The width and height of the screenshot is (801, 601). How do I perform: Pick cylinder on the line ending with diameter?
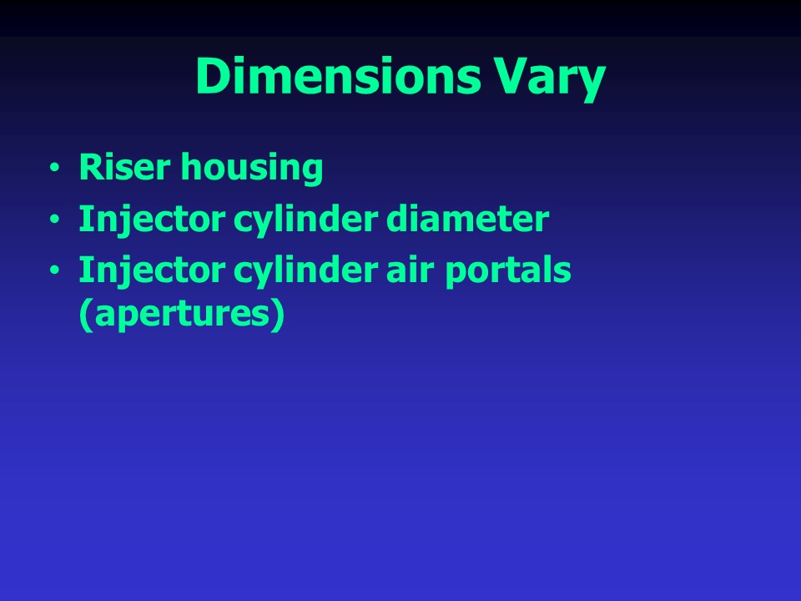(x=272, y=220)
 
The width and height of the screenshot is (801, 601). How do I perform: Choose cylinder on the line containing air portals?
(x=272, y=272)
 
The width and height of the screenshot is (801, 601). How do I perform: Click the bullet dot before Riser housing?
(x=54, y=169)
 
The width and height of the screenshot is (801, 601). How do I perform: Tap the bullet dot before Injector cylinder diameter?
(x=54, y=220)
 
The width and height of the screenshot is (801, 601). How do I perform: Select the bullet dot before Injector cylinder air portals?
(x=54, y=272)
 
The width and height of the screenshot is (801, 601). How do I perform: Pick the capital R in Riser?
(x=89, y=168)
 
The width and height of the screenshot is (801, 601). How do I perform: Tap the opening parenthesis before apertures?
(x=83, y=317)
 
